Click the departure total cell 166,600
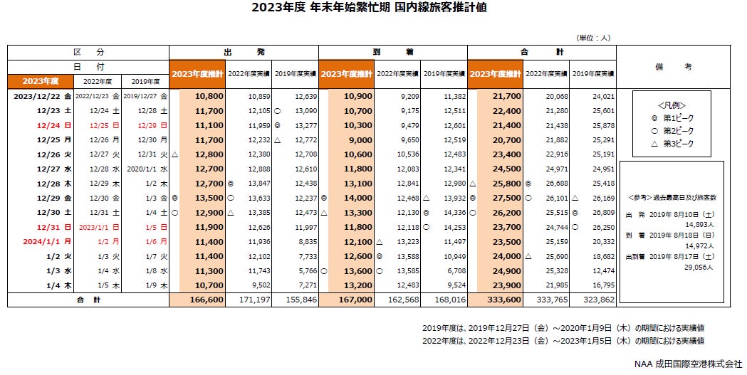click(208, 300)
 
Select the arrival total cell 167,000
click(357, 300)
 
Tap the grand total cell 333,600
click(506, 300)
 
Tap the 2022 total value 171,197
click(257, 300)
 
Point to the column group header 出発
click(244, 53)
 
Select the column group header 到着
click(392, 53)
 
